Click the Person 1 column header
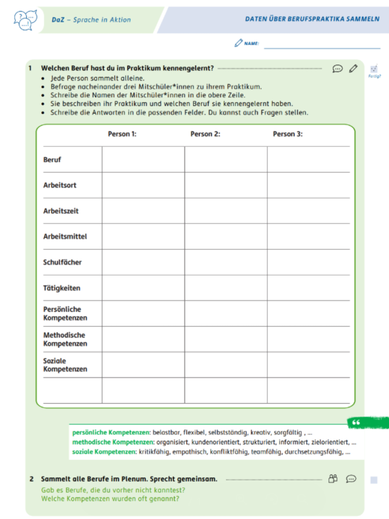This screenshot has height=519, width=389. [x=122, y=134]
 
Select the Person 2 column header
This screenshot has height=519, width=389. [x=205, y=134]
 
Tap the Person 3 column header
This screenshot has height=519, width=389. [x=288, y=134]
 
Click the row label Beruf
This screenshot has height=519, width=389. [x=52, y=160]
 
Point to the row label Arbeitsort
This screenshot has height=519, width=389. [x=60, y=185]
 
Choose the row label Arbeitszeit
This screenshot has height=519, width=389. [x=61, y=211]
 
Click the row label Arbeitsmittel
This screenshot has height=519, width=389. [x=65, y=236]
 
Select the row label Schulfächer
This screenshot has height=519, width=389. [x=62, y=262]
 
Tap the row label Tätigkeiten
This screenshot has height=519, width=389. [x=62, y=288]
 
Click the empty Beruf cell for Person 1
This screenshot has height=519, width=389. [x=143, y=160]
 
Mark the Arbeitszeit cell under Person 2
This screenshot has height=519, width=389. [x=225, y=211]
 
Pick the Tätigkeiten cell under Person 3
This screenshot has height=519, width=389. [x=308, y=288]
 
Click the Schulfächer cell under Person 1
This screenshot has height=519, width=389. [x=143, y=262]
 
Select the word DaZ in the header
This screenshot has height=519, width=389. [x=57, y=20]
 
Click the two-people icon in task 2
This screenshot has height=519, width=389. [x=333, y=478]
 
